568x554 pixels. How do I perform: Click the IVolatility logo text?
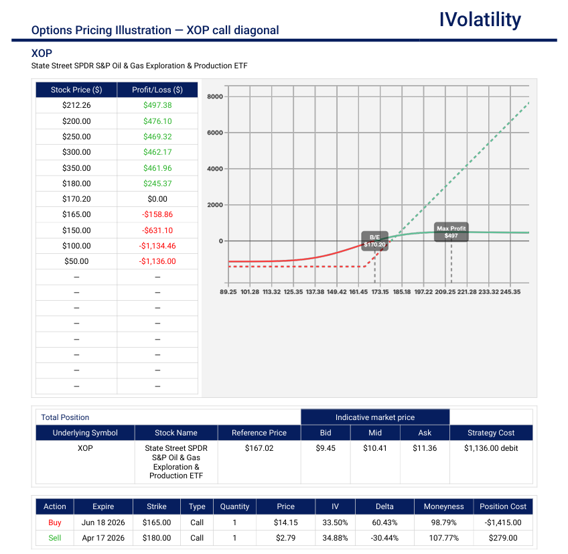[x=480, y=19]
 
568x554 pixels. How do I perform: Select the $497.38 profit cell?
[x=157, y=105]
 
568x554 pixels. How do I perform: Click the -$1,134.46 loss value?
[x=157, y=246]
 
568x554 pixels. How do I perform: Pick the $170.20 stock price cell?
[x=76, y=199]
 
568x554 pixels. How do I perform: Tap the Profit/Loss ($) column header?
[x=157, y=90]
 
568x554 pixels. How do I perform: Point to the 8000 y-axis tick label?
[x=215, y=96]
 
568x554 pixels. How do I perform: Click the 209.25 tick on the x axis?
[x=445, y=292]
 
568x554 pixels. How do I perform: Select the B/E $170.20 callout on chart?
[x=374, y=241]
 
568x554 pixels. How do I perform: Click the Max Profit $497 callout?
[x=451, y=232]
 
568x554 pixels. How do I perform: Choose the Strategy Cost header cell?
[x=491, y=433]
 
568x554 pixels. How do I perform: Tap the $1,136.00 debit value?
[x=491, y=448]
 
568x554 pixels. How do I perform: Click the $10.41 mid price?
[x=375, y=448]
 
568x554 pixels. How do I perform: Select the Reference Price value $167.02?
[x=259, y=448]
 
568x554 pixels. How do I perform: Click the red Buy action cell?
[x=54, y=523]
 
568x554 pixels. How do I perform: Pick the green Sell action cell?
[x=54, y=538]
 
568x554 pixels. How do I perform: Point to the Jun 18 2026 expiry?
[x=103, y=523]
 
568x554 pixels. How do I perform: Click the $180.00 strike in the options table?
[x=157, y=538]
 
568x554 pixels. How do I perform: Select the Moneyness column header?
[x=443, y=506]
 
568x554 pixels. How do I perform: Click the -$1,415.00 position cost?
[x=502, y=523]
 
